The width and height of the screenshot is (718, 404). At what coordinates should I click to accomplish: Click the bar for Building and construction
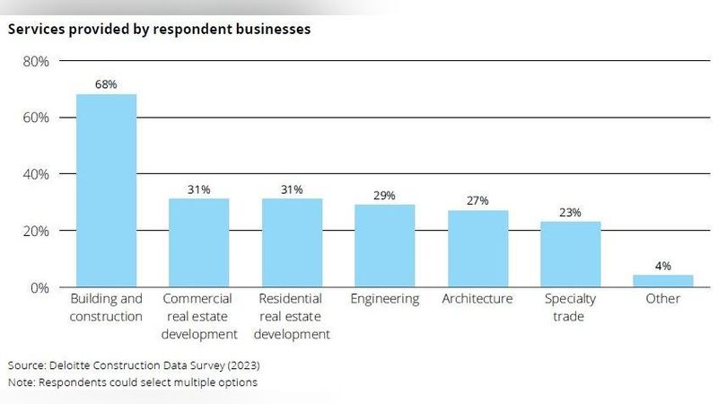[x=106, y=190]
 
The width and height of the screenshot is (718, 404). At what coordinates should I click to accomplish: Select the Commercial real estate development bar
[x=198, y=242]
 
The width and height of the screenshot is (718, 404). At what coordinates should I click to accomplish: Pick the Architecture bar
[x=477, y=249]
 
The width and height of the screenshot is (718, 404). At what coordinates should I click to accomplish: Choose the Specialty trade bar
[x=570, y=254]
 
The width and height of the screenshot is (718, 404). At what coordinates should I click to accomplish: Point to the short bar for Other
[x=663, y=280]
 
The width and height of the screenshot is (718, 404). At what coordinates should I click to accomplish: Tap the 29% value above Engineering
[x=384, y=195]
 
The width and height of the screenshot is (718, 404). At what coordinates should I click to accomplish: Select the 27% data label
[x=477, y=201]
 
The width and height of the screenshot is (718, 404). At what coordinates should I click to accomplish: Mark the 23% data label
[x=570, y=213]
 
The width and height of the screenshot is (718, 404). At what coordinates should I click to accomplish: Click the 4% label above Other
[x=663, y=266]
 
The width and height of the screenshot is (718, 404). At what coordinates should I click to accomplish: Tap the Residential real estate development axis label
[x=292, y=316]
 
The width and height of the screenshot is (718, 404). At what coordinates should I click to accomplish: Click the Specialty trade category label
[x=570, y=307]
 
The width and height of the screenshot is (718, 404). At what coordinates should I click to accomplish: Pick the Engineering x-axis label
[x=384, y=299]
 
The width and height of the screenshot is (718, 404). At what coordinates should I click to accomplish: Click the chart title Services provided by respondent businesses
[x=159, y=29]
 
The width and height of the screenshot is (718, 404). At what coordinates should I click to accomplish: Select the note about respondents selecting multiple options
[x=132, y=382]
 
